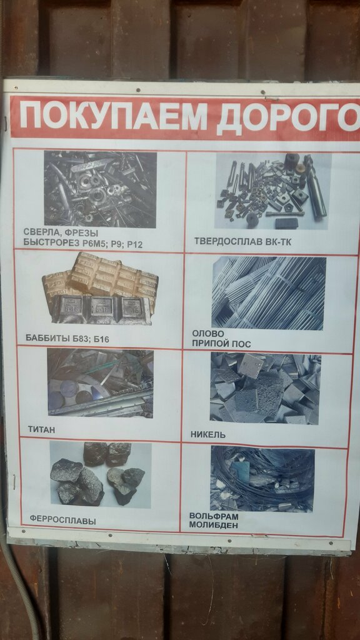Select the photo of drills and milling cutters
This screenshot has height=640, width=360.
point(100,189)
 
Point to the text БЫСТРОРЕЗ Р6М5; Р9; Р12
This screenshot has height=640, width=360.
point(82,244)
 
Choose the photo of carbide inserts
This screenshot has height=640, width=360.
point(272,191)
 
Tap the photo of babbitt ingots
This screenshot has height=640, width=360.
point(100,289)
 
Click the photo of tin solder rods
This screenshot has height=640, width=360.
point(269,292)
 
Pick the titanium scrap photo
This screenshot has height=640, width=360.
point(100,382)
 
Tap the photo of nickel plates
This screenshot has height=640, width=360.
point(265,388)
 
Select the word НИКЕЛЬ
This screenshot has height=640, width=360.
point(208,434)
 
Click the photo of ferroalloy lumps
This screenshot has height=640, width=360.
point(100,474)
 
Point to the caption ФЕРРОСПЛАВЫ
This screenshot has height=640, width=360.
point(62,519)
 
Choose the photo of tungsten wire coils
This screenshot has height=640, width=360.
point(262,478)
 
